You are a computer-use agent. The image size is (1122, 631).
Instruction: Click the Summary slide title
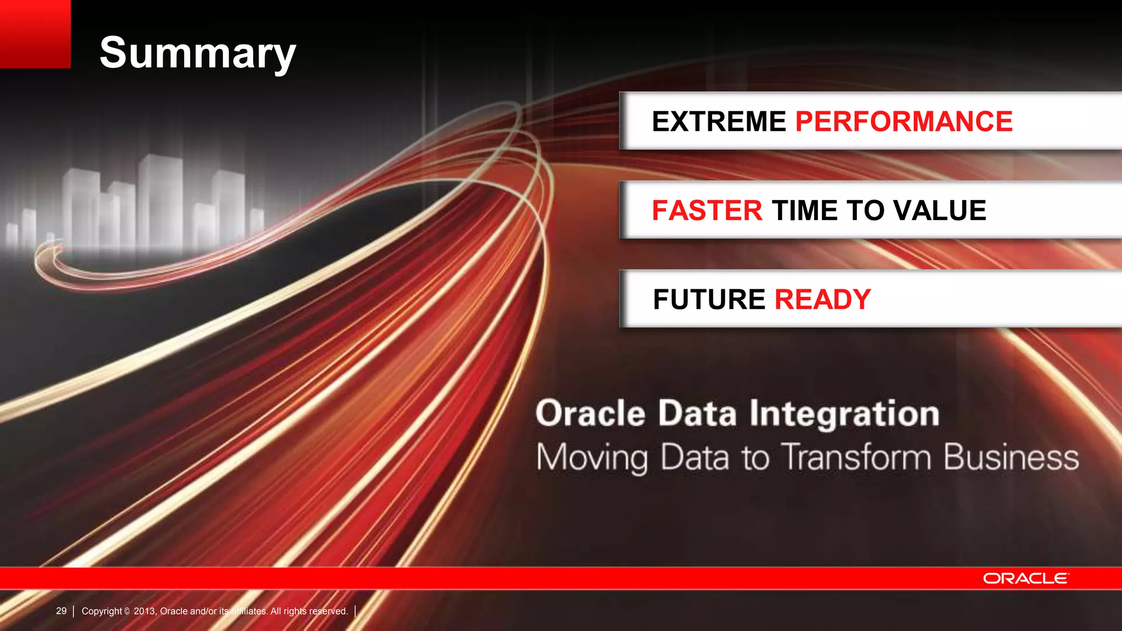pos(197,53)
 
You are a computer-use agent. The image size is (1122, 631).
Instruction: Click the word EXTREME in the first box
pos(719,122)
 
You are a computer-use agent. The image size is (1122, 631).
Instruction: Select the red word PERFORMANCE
pos(903,122)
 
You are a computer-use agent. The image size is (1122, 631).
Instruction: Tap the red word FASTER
pos(707,211)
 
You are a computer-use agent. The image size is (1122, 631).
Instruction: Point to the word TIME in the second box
pos(805,211)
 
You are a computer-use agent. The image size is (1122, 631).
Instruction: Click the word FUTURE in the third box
pos(709,300)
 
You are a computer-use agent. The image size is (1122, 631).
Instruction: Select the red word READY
pos(822,300)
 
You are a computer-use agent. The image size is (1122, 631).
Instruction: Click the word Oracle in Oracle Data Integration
pos(590,414)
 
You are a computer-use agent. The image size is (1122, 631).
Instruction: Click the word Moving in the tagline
pos(592,458)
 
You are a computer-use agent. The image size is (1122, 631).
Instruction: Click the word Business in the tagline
pos(1011,457)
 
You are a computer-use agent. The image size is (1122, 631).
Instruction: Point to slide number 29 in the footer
pos(61,611)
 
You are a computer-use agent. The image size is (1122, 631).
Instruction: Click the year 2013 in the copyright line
pos(145,611)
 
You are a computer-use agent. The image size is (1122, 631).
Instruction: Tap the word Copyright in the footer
pos(102,611)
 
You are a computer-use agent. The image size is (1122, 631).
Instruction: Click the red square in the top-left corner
pos(35,34)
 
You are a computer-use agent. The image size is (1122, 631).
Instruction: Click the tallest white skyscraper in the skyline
pos(160,200)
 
